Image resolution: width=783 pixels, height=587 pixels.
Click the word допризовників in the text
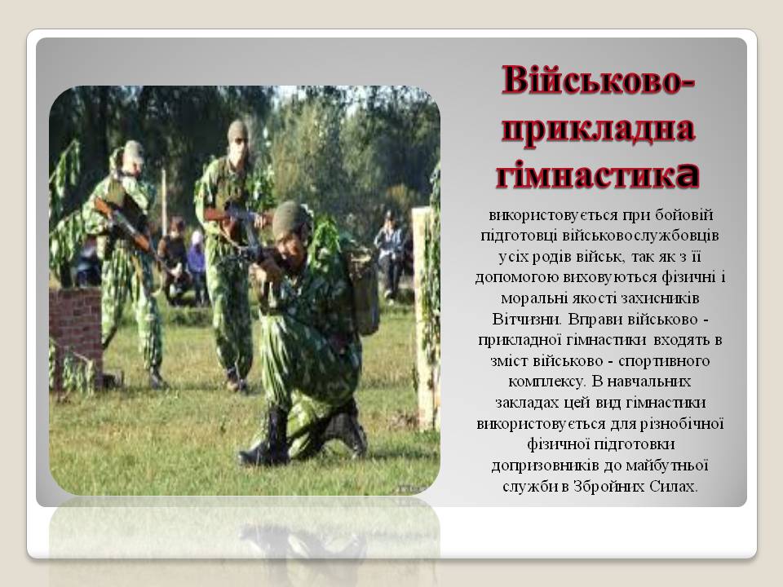click(542, 466)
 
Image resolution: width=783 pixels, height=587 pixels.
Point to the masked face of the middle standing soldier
click(238, 147)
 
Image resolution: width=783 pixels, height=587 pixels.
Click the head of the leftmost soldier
click(132, 153)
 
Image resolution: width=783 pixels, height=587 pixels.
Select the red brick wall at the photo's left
click(75, 326)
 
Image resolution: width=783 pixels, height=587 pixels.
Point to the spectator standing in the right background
click(390, 249)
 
